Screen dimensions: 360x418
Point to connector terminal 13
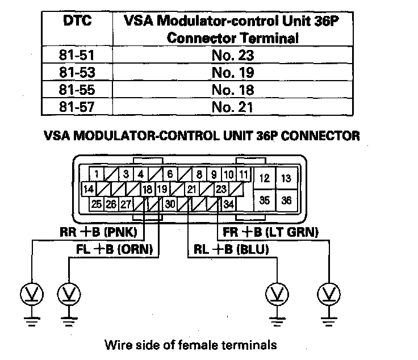[286, 178]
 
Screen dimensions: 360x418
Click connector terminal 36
[286, 200]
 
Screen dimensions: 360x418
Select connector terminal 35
[264, 200]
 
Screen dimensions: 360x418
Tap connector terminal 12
[264, 178]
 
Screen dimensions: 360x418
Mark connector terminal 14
[88, 189]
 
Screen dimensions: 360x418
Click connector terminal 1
[98, 174]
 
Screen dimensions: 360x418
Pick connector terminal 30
[169, 203]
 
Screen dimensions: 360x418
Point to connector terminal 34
[228, 203]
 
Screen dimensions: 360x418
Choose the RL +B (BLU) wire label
[230, 248]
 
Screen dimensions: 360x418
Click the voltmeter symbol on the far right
[328, 293]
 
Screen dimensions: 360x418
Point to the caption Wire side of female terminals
[190, 344]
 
